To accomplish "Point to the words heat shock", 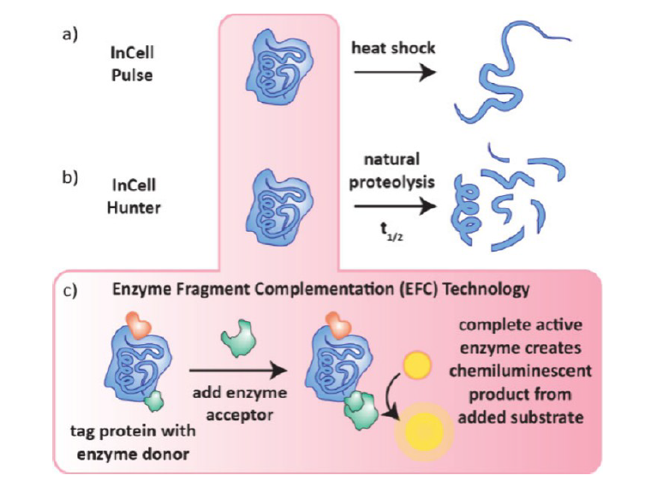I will pyautogui.click(x=393, y=48).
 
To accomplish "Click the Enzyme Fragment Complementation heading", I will pyautogui.click(x=320, y=289).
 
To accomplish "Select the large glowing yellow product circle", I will pyautogui.click(x=420, y=429).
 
